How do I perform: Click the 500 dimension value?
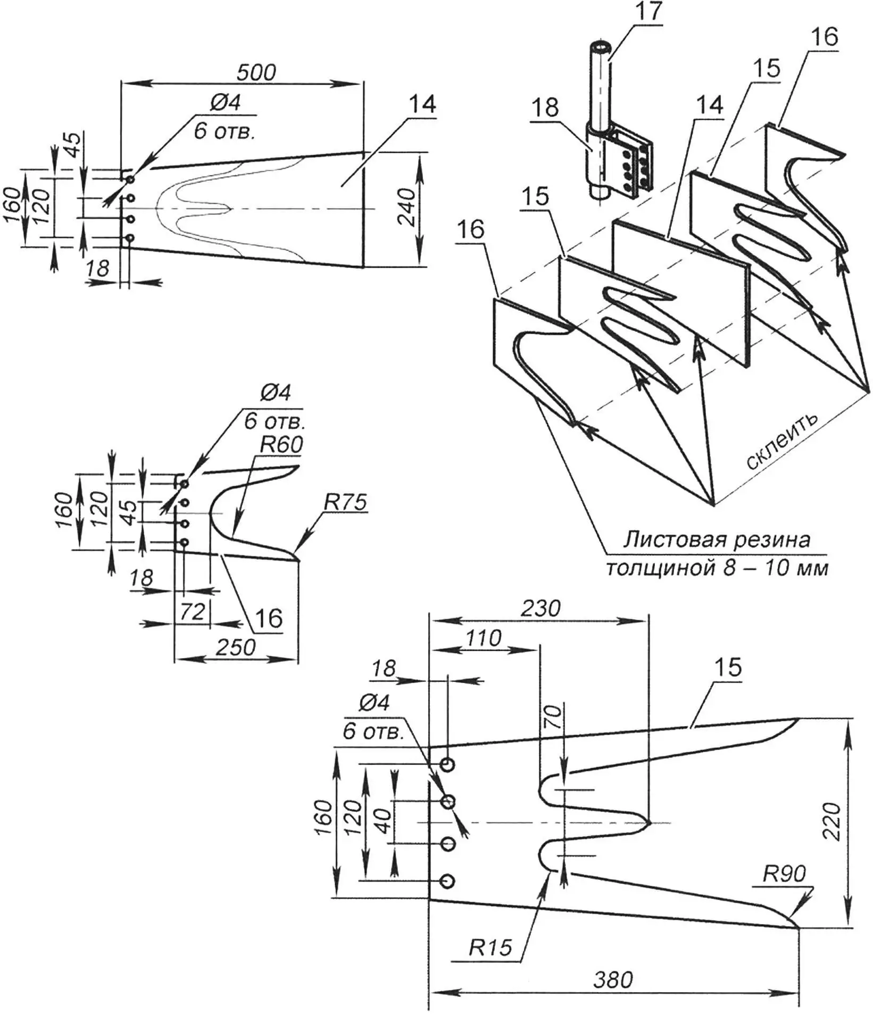click(x=256, y=72)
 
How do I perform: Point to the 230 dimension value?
click(x=541, y=608)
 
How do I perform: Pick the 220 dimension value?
click(x=831, y=821)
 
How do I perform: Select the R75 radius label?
click(x=345, y=502)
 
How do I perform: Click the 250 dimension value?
click(x=236, y=647)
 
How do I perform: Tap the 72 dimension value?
click(x=192, y=612)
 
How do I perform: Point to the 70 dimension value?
click(x=553, y=718)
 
